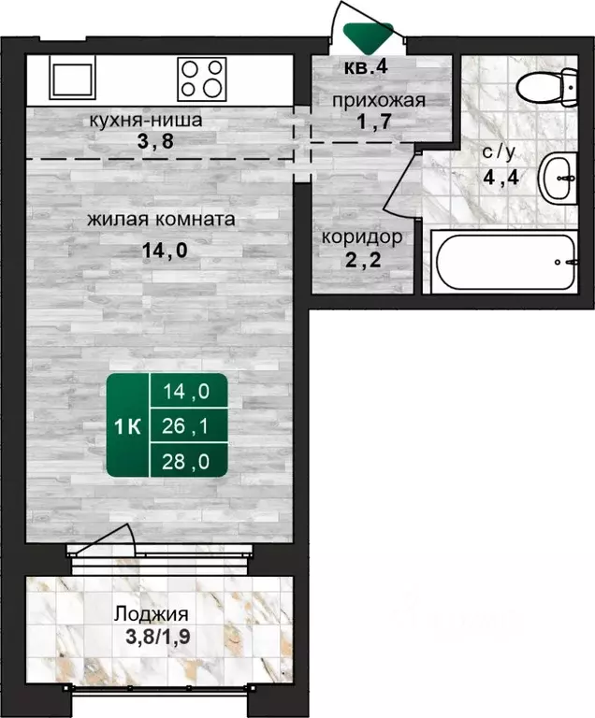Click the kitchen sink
click(x=72, y=79)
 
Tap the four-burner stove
click(x=202, y=79)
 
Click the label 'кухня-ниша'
click(x=146, y=121)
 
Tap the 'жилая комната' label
click(x=161, y=221)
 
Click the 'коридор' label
click(x=362, y=237)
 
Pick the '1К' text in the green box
click(x=127, y=427)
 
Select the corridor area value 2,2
click(x=361, y=261)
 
